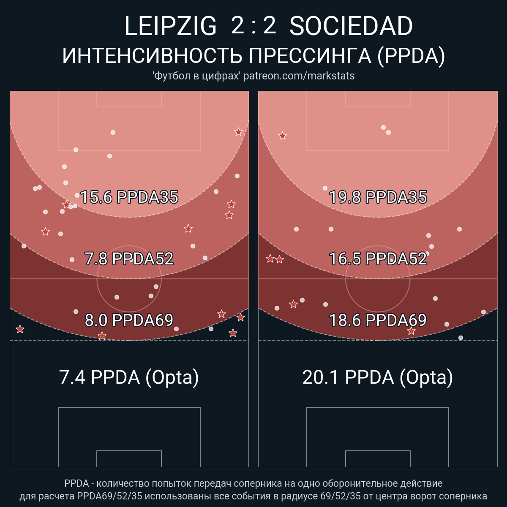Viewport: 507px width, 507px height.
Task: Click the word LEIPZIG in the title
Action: [x=170, y=26]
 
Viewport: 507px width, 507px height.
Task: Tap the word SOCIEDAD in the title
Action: [x=351, y=26]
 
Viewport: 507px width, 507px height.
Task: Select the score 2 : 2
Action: [x=253, y=26]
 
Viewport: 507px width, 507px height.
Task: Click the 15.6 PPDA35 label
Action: [x=129, y=197]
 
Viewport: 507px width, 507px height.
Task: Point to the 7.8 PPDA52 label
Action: [x=129, y=259]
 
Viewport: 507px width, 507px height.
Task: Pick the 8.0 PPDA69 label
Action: [x=129, y=320]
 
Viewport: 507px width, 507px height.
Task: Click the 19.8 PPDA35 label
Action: [x=378, y=197]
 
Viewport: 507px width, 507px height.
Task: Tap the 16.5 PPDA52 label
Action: [x=378, y=259]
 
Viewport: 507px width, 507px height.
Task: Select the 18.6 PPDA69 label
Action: [x=378, y=320]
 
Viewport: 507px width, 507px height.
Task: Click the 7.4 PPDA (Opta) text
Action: [x=129, y=377]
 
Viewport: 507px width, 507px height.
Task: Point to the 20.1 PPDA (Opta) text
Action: [x=378, y=377]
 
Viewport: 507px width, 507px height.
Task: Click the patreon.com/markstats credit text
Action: [x=299, y=76]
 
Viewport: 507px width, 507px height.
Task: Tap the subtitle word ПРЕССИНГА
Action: [x=310, y=56]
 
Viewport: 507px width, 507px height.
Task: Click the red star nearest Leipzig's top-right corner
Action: [x=238, y=132]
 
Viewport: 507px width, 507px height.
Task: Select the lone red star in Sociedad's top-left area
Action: [x=282, y=136]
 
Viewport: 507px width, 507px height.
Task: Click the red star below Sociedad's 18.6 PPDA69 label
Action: [x=411, y=331]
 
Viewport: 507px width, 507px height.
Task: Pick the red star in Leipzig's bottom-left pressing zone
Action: [x=20, y=329]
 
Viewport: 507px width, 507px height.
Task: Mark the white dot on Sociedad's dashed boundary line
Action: [x=461, y=338]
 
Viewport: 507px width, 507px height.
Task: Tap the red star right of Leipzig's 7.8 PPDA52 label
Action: [x=188, y=229]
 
